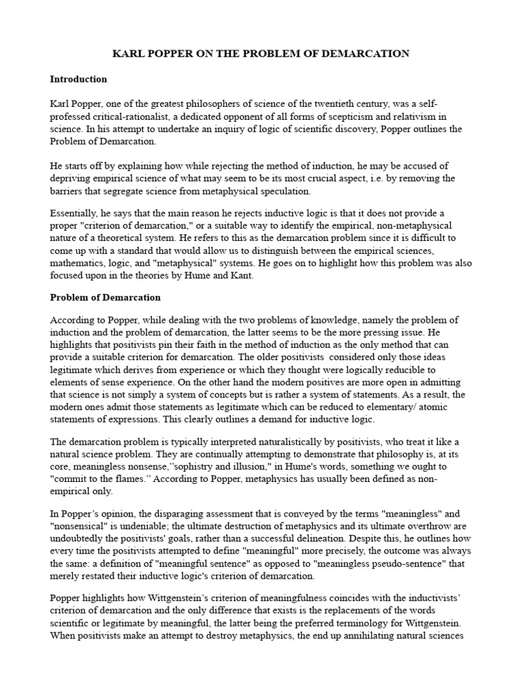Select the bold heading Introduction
tap(78, 79)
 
